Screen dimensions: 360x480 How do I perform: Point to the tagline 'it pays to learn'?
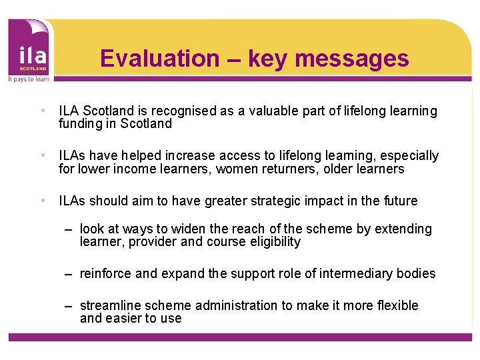pos(27,78)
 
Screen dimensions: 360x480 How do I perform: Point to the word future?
pos(397,201)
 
